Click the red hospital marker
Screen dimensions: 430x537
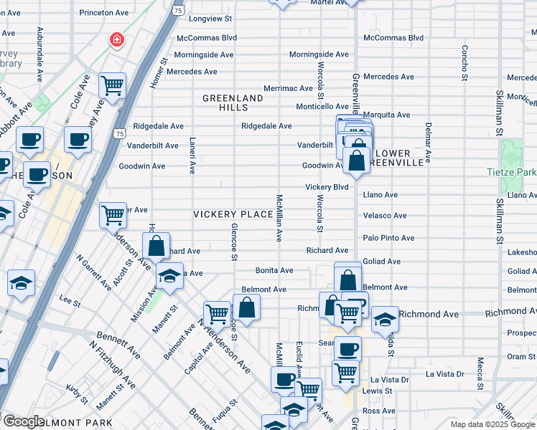(116, 39)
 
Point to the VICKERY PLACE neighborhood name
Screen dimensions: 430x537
(233, 214)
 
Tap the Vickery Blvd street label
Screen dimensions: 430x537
(327, 187)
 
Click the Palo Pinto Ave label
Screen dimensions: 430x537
(388, 238)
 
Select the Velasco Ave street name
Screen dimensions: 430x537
(385, 216)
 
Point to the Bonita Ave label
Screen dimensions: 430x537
(274, 271)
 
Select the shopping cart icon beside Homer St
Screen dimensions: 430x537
(113, 86)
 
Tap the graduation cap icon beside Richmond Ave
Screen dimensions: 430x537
(385, 320)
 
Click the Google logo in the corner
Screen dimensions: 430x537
(23, 421)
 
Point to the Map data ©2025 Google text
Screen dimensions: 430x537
(492, 424)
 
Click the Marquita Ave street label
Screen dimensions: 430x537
(386, 115)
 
